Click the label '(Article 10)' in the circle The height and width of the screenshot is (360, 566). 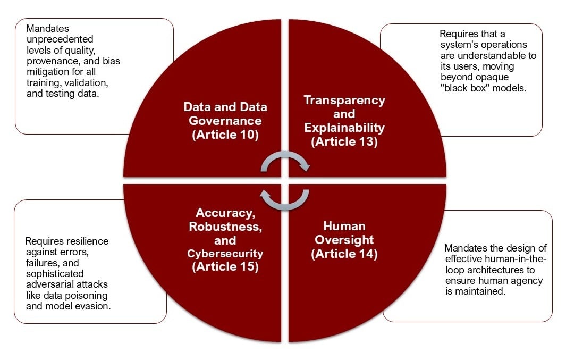click(225, 135)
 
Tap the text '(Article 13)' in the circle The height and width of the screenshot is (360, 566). click(344, 141)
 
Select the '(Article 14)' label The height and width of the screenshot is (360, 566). click(344, 254)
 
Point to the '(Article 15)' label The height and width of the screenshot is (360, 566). click(225, 267)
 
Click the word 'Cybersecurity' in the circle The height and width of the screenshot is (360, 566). click(225, 254)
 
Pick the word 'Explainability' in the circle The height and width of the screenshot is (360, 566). click(344, 128)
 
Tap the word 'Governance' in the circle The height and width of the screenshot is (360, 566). click(225, 121)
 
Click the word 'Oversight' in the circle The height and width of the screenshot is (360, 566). click(344, 240)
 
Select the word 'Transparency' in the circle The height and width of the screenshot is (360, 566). click(344, 101)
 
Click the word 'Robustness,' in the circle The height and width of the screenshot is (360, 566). click(225, 227)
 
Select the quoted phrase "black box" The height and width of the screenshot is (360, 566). click(465, 88)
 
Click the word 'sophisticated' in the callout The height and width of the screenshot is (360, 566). click(55, 274)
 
